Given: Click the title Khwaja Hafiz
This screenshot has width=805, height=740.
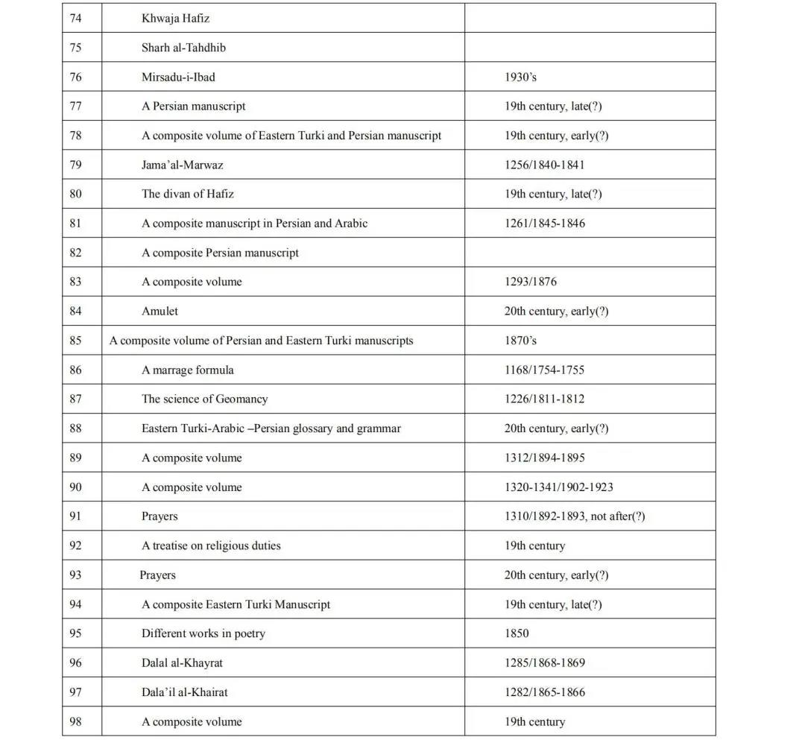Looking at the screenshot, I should [175, 18].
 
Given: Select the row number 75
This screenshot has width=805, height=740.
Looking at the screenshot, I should [75, 47].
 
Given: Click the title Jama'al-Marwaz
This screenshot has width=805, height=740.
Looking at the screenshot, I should [182, 165].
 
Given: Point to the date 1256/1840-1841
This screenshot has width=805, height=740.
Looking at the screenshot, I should [544, 165].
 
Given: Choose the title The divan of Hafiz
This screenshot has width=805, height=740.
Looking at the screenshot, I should [188, 194].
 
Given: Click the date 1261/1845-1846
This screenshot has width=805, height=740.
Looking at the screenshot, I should [544, 223].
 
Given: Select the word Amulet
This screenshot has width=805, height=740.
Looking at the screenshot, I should [160, 311].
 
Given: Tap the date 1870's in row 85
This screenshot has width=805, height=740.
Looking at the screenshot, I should [520, 341].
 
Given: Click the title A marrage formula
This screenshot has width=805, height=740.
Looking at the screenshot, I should [188, 370].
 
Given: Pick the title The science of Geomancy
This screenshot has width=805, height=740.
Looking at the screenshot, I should [204, 399].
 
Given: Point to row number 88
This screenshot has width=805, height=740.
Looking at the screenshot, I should [75, 428].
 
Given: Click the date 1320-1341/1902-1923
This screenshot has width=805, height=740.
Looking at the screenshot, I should [558, 487].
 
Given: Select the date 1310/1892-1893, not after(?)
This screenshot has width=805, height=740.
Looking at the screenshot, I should [574, 516].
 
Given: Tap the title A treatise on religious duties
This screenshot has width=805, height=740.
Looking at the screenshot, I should [211, 545].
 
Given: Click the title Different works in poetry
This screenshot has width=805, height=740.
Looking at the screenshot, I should [203, 633].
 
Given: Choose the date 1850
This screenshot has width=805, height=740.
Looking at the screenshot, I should [517, 633].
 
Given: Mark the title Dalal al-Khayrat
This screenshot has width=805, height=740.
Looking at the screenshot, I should [182, 662].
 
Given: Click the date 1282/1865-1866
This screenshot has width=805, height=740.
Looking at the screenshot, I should [544, 692].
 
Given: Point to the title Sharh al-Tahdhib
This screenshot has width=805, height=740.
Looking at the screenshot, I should [183, 47].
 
